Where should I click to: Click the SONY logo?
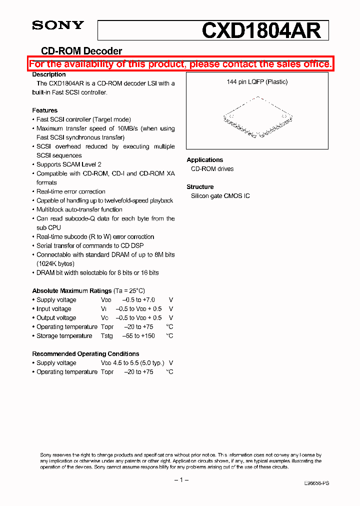pos(58,25)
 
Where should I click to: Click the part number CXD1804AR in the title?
pos(261,31)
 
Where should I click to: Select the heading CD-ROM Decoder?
pos(81,51)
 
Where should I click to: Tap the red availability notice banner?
pos(180,64)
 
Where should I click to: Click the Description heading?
pos(49,74)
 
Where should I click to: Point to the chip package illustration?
pos(257,118)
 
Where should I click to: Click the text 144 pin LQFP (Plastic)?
pos(257,82)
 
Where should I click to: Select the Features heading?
pos(45,110)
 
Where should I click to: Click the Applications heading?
pos(205,160)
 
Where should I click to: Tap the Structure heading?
pos(200,187)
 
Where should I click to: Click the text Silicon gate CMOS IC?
pos(220,196)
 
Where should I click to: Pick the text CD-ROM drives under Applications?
pos(212,169)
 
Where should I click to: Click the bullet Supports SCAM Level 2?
pos(69,164)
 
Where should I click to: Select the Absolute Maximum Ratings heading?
pos(72,291)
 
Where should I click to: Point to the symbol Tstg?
pos(106,336)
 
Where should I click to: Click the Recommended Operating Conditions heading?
pos(85,354)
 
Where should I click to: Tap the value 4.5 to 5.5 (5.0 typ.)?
pos(137,363)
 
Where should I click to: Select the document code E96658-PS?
pos(316,483)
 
